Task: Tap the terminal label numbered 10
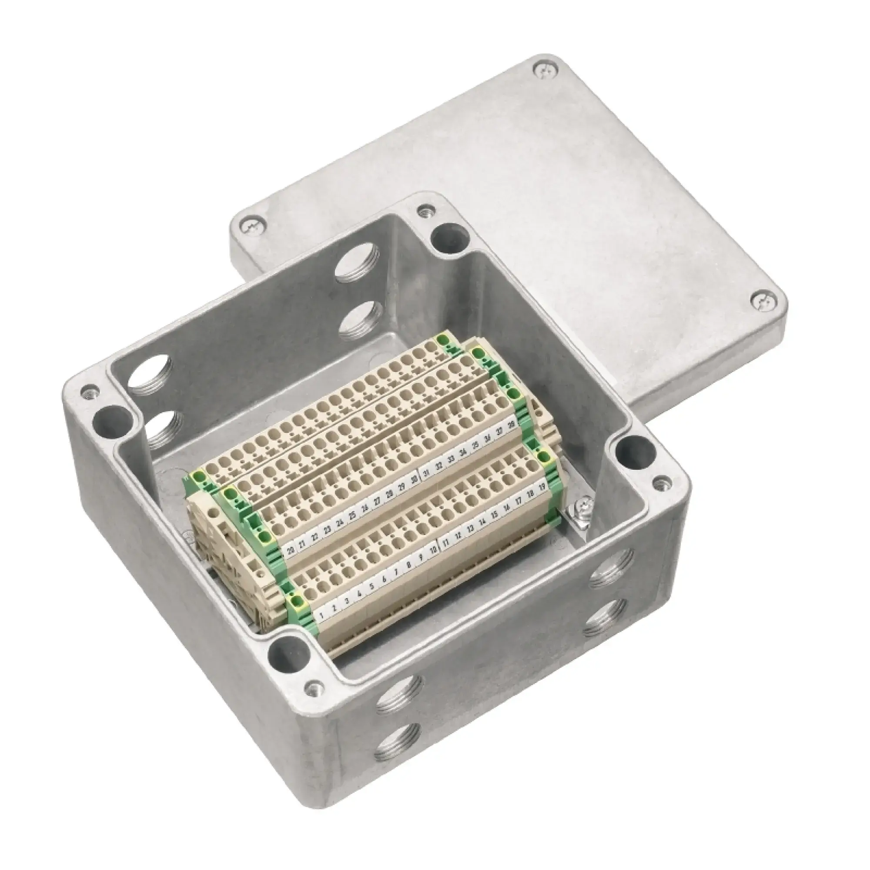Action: click(x=433, y=550)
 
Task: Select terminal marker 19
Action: click(x=542, y=486)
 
